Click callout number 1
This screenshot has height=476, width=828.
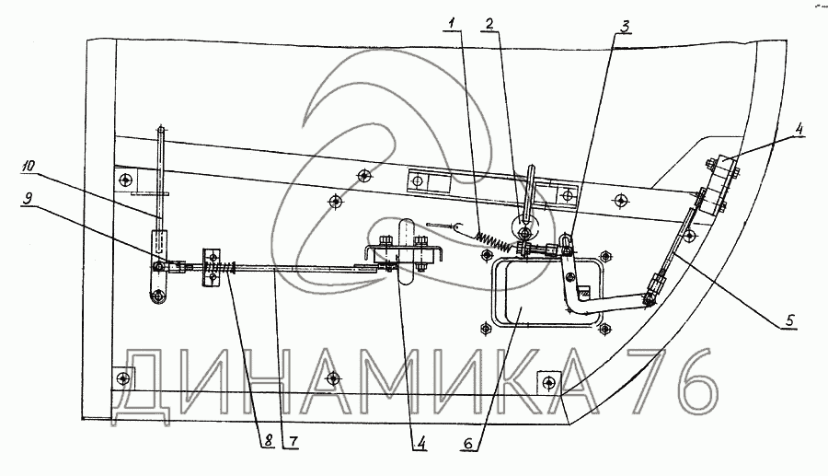[x=452, y=23]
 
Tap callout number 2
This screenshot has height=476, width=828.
[x=489, y=23]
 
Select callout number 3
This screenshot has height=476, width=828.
[x=625, y=26]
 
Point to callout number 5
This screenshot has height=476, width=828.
[x=789, y=320]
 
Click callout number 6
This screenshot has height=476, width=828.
[x=468, y=443]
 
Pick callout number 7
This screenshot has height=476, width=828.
[x=293, y=441]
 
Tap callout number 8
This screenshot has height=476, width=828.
[x=269, y=441]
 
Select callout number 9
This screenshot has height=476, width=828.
[x=28, y=198]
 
